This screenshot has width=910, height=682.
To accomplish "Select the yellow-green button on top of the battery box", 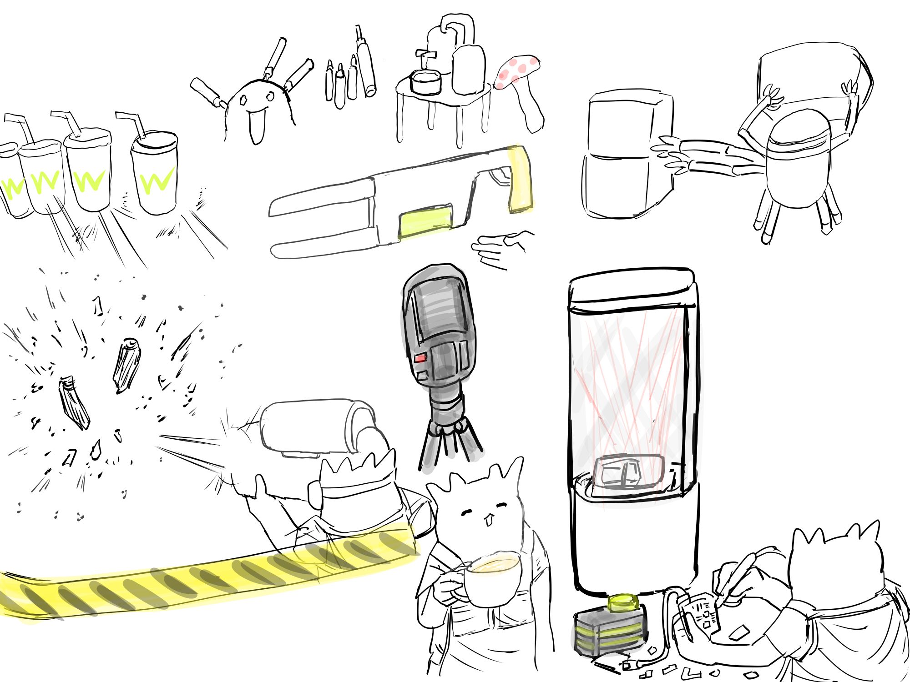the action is pos(623,602).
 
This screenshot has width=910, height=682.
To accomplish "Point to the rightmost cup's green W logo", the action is pos(156,181).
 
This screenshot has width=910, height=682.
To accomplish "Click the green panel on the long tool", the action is pos(426,221).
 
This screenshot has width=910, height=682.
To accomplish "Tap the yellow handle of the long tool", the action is pos(520,180).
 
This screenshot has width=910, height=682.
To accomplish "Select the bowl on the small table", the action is pos(426,82).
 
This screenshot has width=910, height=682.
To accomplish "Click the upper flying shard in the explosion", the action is pos(126,365).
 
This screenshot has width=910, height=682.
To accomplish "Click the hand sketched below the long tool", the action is pos(500,249).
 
